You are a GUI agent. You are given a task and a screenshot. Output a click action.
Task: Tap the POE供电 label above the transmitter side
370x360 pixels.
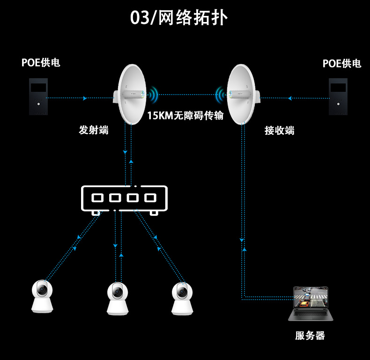[x=41, y=62]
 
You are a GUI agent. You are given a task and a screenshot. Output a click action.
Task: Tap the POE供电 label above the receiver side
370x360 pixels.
[x=342, y=63]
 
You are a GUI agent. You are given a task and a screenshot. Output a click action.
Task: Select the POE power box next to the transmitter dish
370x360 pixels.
[x=38, y=96]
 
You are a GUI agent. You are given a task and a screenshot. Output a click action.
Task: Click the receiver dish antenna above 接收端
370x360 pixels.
[x=243, y=94]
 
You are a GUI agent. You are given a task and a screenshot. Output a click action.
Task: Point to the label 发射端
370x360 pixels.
[x=94, y=130]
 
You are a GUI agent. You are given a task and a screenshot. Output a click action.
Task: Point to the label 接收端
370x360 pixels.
[x=280, y=131]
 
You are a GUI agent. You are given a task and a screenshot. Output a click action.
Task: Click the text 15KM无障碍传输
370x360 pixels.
[x=185, y=116]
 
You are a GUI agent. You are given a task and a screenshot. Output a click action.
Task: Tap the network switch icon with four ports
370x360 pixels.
[x=124, y=199]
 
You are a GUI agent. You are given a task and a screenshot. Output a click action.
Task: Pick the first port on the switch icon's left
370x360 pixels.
[x=97, y=198]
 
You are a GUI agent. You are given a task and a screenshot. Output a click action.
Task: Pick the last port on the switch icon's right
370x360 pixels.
[x=150, y=198]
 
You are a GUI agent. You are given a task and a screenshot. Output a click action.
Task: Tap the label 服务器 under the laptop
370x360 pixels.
[x=310, y=336]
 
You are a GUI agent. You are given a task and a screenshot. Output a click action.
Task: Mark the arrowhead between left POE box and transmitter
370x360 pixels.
[x=85, y=98]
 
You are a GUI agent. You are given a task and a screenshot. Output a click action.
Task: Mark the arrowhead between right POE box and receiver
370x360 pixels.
[x=290, y=98]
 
